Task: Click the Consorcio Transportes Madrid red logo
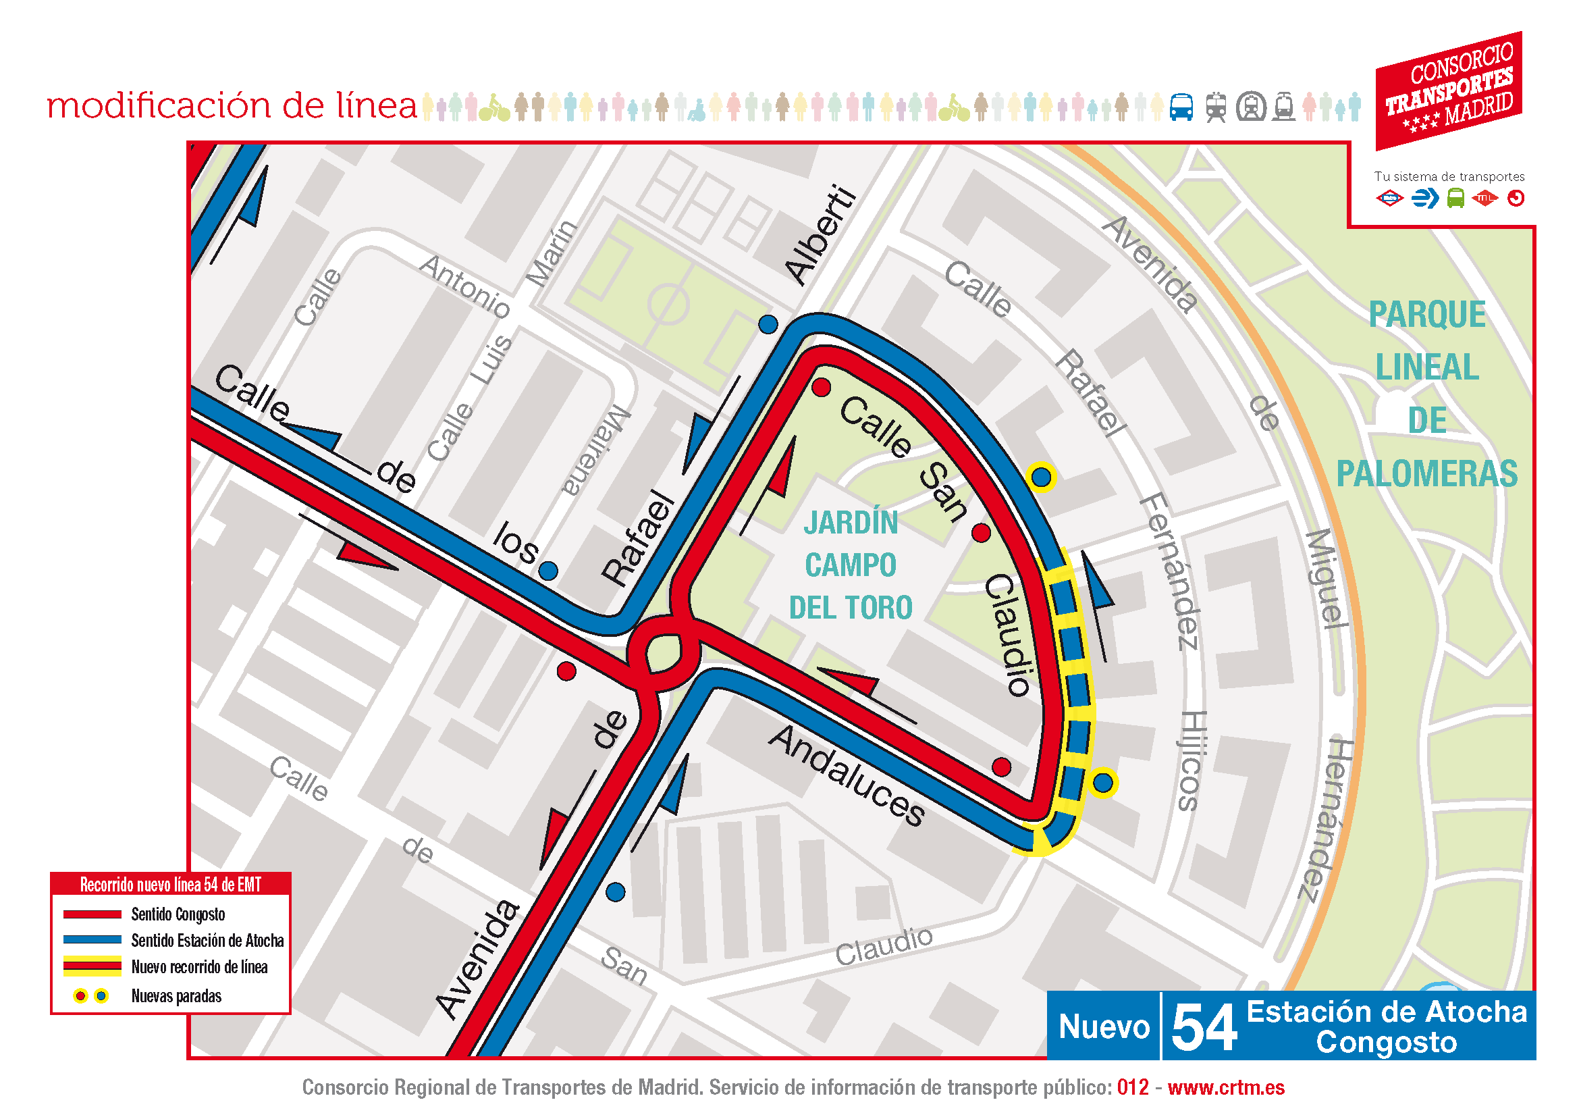1448,90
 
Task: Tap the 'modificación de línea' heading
232,106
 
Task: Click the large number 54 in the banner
1204,1029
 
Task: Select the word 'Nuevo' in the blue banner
1104,1027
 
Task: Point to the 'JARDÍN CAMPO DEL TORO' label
851,565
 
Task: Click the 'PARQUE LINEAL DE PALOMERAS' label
1427,394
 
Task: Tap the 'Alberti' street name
822,234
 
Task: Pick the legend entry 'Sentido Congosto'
178,914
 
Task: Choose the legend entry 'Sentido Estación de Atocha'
207,940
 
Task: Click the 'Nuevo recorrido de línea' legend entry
198,967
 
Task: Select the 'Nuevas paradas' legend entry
176,996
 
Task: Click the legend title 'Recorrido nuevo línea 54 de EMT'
171,885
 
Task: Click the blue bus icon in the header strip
1181,107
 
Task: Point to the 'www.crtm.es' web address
1225,1087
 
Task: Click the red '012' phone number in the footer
1133,1087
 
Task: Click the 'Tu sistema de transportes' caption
1449,177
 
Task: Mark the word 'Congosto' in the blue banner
1387,1043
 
